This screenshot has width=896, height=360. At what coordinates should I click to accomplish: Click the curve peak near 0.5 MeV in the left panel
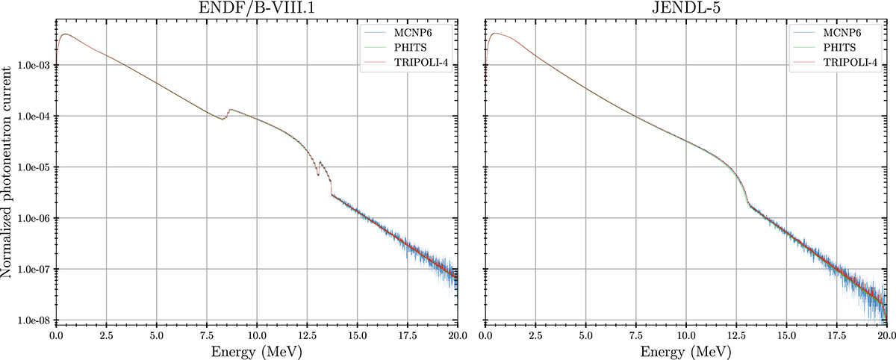point(65,34)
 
